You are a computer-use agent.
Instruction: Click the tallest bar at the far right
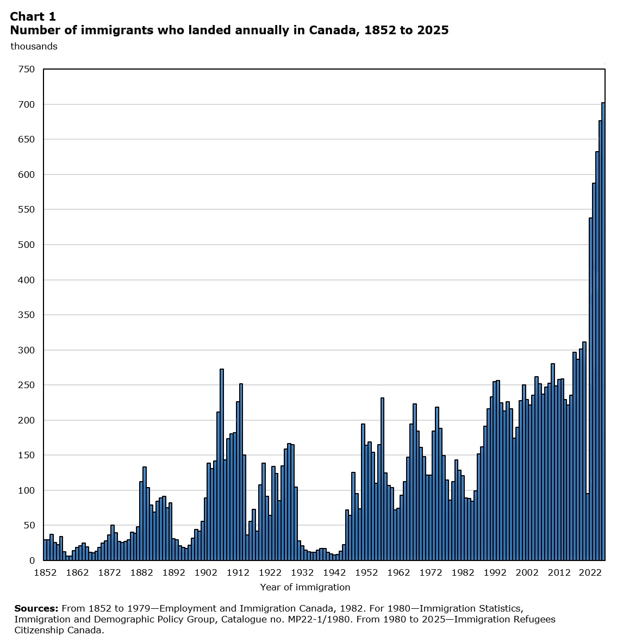pyautogui.click(x=603, y=332)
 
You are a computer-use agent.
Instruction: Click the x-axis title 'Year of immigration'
pyautogui.click(x=305, y=587)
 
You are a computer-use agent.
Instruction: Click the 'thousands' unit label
pyautogui.click(x=34, y=46)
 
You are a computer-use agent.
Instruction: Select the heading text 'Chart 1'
pyautogui.click(x=33, y=16)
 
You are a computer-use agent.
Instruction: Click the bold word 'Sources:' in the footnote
pyautogui.click(x=36, y=608)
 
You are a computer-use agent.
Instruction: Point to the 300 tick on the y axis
pyautogui.click(x=27, y=350)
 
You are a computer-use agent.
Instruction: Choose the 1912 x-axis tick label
pyautogui.click(x=238, y=572)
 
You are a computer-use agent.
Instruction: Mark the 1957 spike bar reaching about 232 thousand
pyautogui.click(x=383, y=479)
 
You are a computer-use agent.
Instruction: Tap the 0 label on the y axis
pyautogui.click(x=32, y=560)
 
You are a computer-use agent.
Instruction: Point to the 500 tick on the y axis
pyautogui.click(x=27, y=245)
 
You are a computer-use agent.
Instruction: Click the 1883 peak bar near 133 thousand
pyautogui.click(x=145, y=514)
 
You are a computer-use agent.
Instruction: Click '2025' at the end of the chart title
pyautogui.click(x=433, y=30)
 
